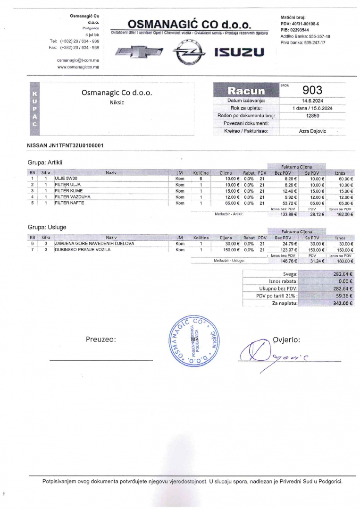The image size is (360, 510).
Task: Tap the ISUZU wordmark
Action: pyautogui.click(x=239, y=52)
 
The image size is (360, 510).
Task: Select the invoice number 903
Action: pyautogui.click(x=312, y=90)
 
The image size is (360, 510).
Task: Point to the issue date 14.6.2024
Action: pyautogui.click(x=312, y=101)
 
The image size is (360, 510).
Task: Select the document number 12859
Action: pyautogui.click(x=312, y=115)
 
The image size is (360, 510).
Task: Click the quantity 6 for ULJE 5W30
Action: pyautogui.click(x=201, y=179)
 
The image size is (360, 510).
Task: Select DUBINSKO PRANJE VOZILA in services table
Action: pyautogui.click(x=83, y=250)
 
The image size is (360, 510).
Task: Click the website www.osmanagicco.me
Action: pyautogui.click(x=78, y=67)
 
